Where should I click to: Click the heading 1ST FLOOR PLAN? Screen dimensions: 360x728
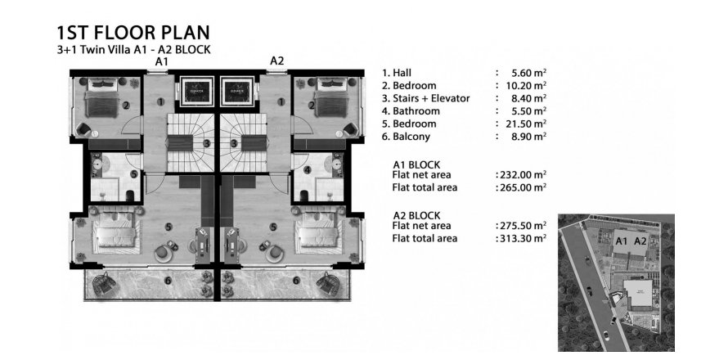point(133,33)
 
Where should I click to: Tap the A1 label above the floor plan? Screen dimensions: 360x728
point(162,61)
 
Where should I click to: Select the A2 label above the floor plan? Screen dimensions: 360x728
point(276,61)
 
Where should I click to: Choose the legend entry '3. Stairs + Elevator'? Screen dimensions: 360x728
point(425,98)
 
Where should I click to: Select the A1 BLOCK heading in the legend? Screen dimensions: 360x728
point(417,163)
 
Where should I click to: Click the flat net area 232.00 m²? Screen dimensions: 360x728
point(522,175)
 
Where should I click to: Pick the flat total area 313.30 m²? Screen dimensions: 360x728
point(522,239)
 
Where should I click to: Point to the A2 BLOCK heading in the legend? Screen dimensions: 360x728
point(417,215)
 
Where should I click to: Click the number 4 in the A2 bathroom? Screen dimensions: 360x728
point(307,170)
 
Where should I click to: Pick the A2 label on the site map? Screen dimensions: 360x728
point(640,241)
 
